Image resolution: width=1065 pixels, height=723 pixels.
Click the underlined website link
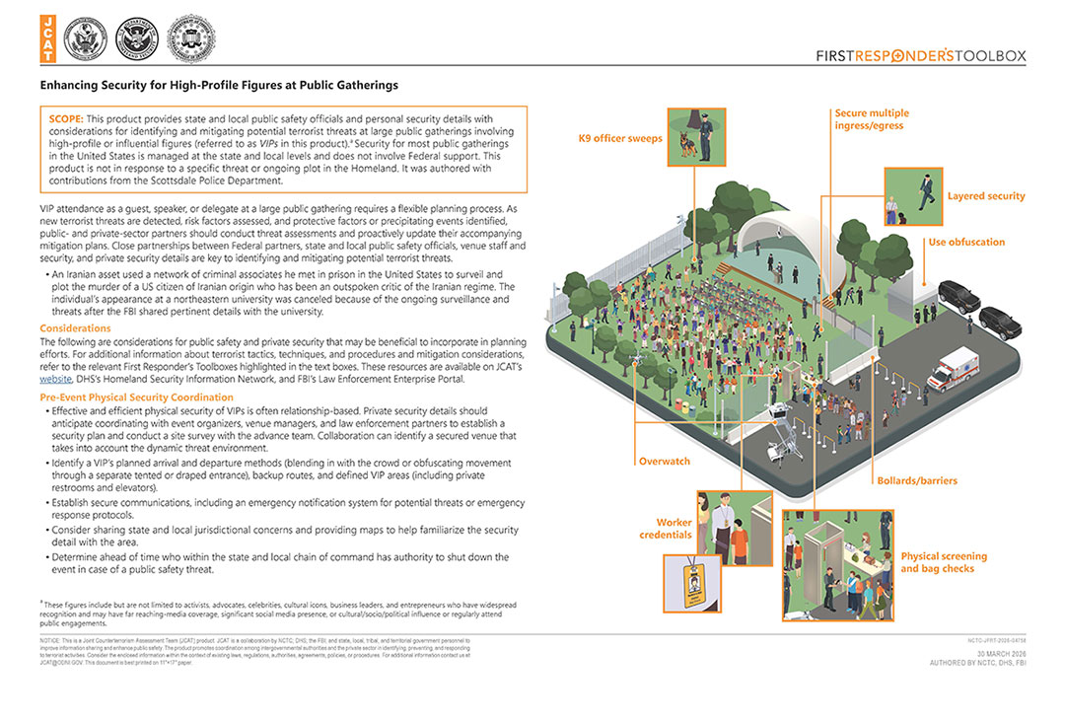click(x=56, y=378)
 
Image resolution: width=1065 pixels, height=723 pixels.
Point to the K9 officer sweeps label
click(x=620, y=139)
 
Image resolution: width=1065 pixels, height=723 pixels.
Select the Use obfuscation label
click(x=966, y=242)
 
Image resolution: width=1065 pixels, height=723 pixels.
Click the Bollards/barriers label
click(x=917, y=481)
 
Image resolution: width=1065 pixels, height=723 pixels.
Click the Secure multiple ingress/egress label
click(x=872, y=119)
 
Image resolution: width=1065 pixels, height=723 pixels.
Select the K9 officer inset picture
click(x=697, y=137)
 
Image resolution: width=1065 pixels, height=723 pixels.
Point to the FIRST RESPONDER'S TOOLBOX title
click(x=921, y=56)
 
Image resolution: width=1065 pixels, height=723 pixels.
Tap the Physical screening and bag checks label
click(x=943, y=562)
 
